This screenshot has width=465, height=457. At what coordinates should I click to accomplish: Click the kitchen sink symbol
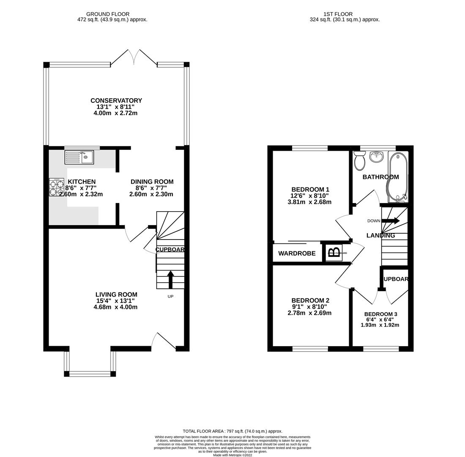pyautogui.click(x=79, y=157)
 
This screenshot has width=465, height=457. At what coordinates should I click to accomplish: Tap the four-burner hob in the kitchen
pyautogui.click(x=56, y=187)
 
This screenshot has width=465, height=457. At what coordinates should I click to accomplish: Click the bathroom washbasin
pyautogui.click(x=376, y=157)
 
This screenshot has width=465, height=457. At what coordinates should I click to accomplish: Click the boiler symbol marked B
pyautogui.click(x=334, y=253)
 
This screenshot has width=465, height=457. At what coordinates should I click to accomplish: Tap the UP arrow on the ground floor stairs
pyautogui.click(x=170, y=279)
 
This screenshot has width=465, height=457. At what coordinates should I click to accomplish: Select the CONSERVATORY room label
pyautogui.click(x=116, y=101)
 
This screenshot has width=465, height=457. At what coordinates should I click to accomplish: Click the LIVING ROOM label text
pyautogui.click(x=116, y=295)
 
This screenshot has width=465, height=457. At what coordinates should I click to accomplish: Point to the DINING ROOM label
pyautogui.click(x=152, y=182)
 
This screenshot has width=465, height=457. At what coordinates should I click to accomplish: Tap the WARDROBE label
pyautogui.click(x=297, y=253)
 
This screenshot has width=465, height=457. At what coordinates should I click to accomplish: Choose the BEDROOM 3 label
pyautogui.click(x=380, y=314)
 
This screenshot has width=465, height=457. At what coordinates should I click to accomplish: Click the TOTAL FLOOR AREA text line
pyautogui.click(x=232, y=431)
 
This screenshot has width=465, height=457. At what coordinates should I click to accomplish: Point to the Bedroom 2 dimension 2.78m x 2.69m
pyautogui.click(x=309, y=313)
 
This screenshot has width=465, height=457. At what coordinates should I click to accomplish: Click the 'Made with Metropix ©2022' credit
pyautogui.click(x=232, y=455)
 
